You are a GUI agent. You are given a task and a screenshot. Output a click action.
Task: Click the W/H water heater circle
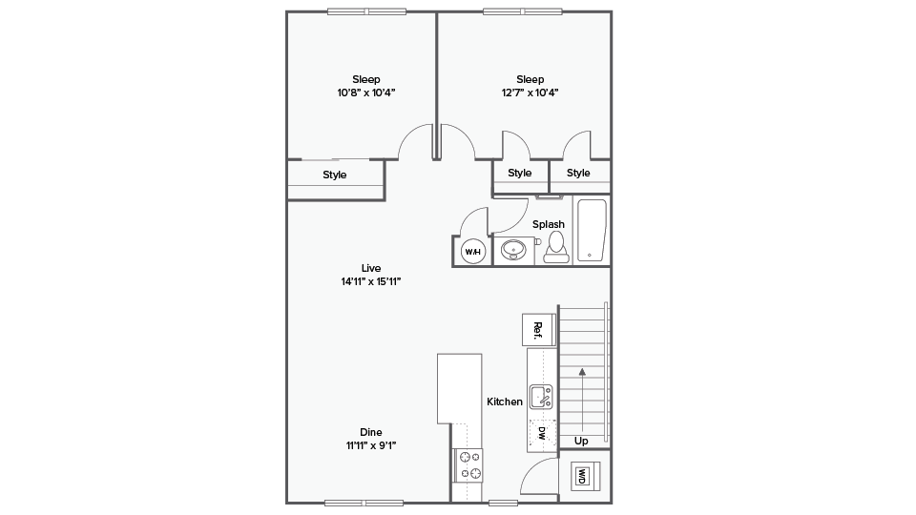coord(473,252)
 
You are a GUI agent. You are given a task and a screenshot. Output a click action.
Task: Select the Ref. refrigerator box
coord(538,330)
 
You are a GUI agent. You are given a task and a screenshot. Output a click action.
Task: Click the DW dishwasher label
coord(542,433)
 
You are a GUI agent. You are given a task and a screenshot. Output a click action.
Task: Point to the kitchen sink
coord(541,397)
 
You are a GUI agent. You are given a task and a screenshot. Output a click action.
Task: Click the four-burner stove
coord(469,465)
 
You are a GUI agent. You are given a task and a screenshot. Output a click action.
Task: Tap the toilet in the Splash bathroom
coord(556,247)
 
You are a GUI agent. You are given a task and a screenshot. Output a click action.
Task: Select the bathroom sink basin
coord(513,250)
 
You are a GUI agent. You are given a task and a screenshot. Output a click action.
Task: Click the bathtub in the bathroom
coord(592,231)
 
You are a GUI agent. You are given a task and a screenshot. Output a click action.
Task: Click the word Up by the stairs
coord(581,442)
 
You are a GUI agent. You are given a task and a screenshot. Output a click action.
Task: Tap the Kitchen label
coord(505,402)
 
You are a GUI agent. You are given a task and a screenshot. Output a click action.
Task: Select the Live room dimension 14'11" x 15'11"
coord(371,281)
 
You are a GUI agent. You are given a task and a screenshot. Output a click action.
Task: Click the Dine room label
coord(371,432)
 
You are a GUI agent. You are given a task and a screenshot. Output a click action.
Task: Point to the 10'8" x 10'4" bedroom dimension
coord(366,93)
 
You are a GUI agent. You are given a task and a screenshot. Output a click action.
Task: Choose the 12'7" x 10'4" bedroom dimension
coord(530,93)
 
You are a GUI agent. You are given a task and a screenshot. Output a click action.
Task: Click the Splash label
coord(549,224)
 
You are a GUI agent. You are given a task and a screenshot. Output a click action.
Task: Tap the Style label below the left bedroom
coord(335,175)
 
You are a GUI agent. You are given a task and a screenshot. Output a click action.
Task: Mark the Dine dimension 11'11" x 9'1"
coord(371,445)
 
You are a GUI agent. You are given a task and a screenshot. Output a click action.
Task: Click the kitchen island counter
coord(460,388)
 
